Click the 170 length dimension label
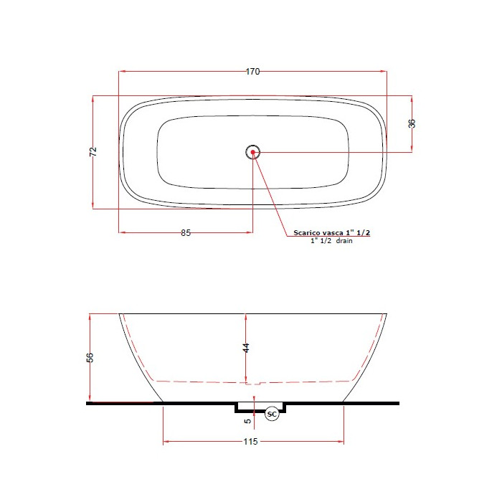tap(252, 72)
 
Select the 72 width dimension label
tap(93, 151)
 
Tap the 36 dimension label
tap(412, 123)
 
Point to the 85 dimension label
tap(186, 233)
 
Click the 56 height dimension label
tap(90, 357)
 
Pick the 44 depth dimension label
tap(246, 348)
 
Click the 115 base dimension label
tap(250, 442)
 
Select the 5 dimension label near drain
tap(248, 421)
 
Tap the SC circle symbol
tap(272, 415)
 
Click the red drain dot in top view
tap(253, 152)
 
